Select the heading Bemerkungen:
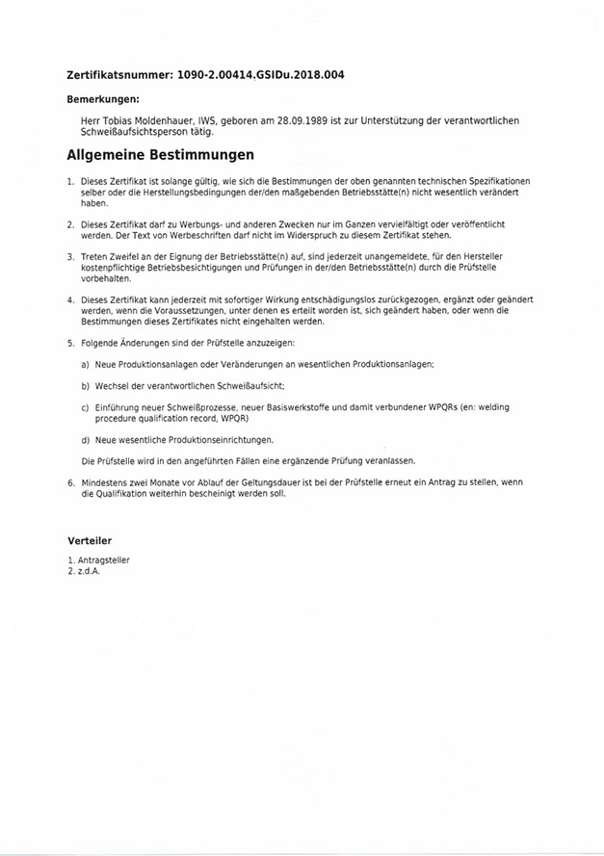103,99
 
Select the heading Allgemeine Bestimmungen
161,154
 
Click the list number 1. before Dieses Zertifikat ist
70,181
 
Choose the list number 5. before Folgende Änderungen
70,344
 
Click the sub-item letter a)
86,364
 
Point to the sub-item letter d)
86,439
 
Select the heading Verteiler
90,541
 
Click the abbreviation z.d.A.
90,571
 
